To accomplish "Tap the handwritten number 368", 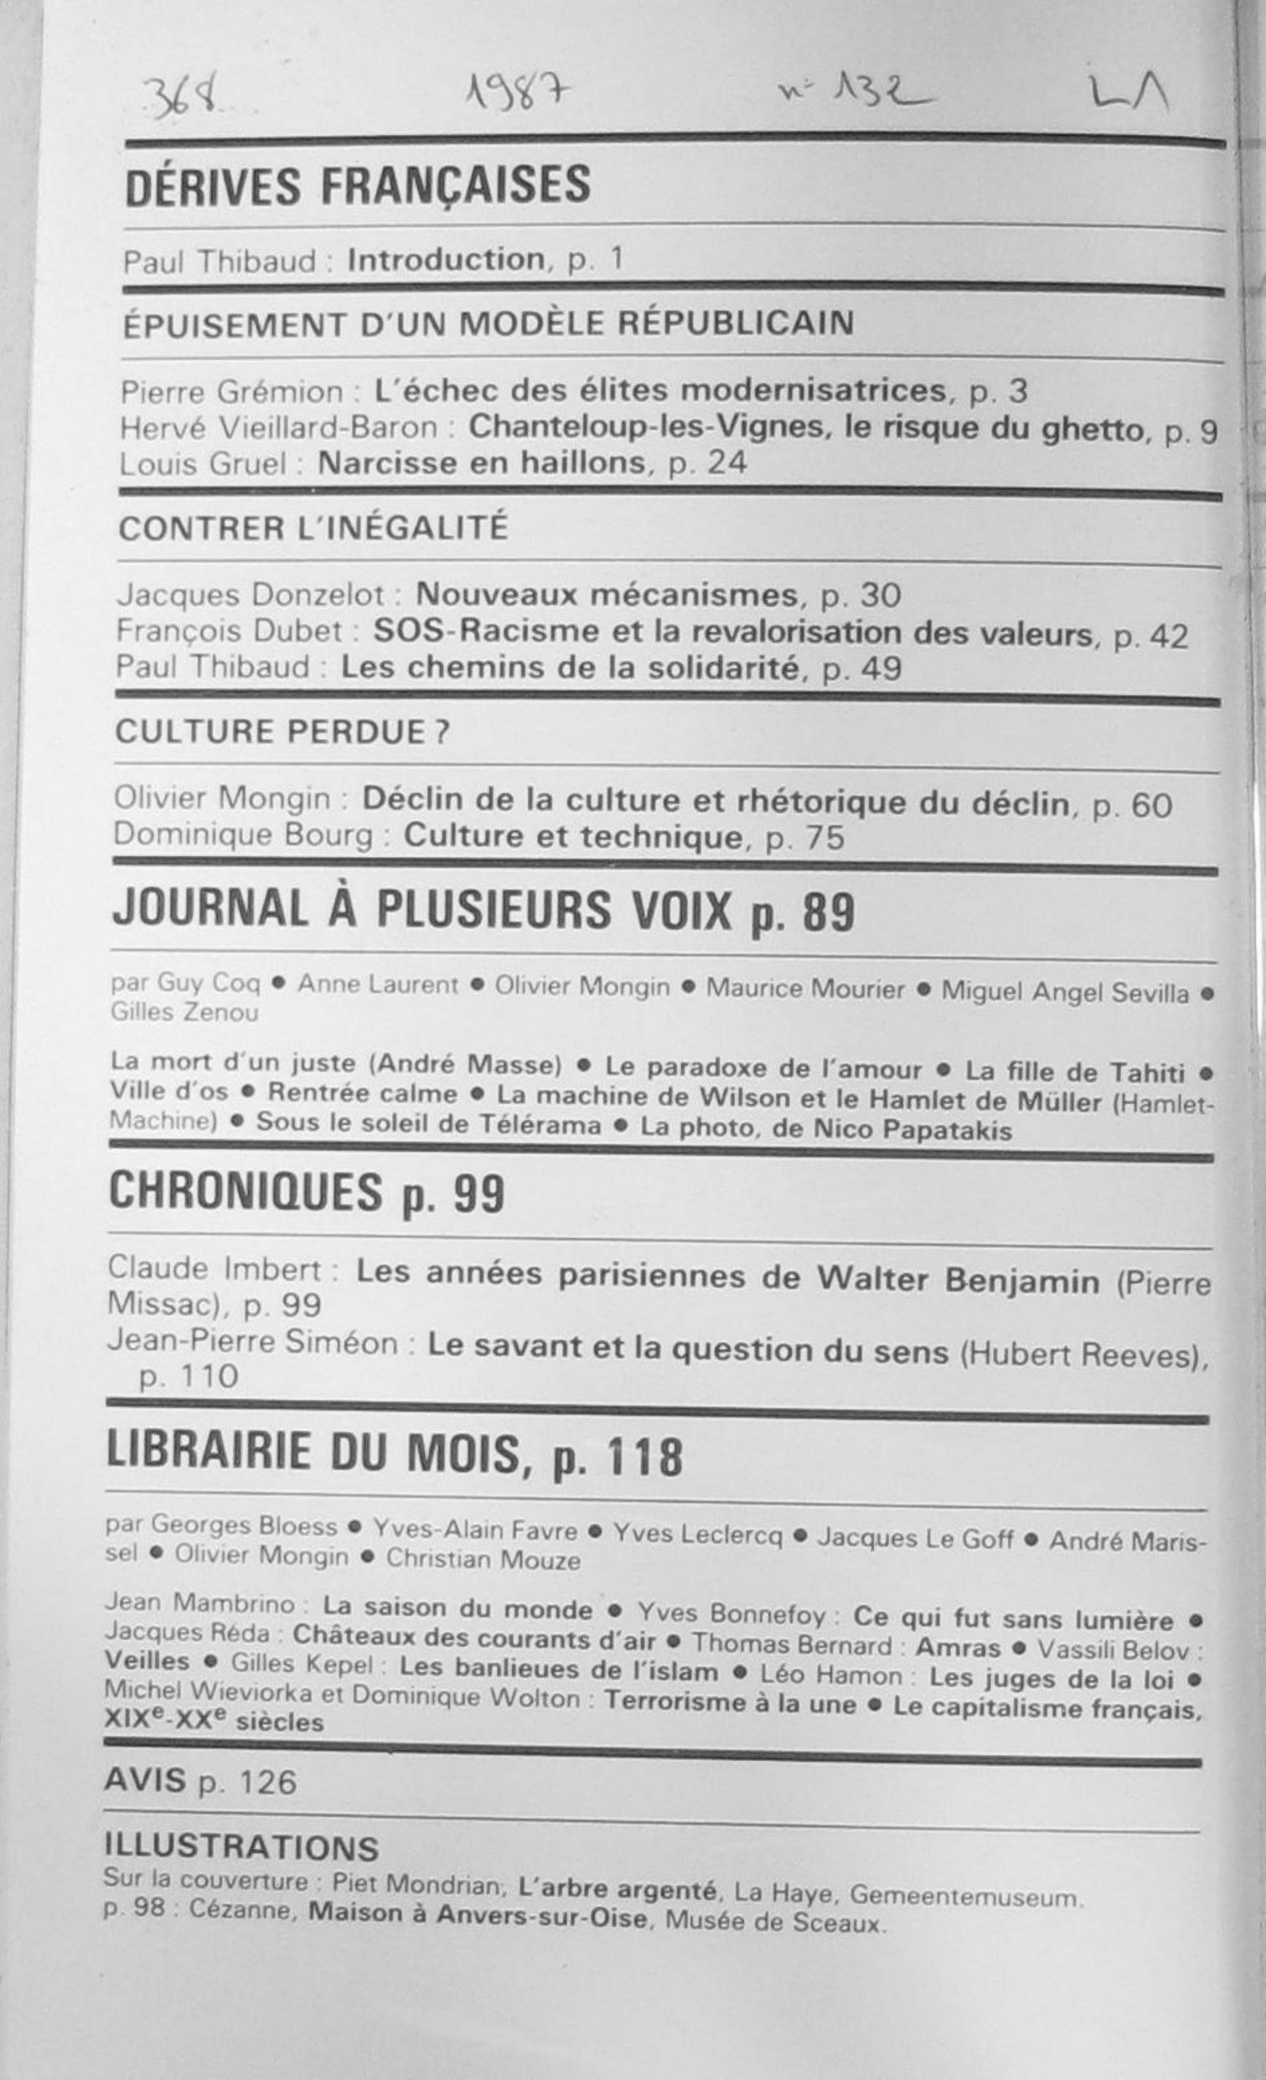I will [182, 98].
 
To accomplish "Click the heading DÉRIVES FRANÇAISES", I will [357, 186].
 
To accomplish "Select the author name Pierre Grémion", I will [232, 391].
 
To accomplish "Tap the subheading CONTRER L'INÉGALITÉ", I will [313, 528].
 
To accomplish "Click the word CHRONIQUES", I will [245, 1192].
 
